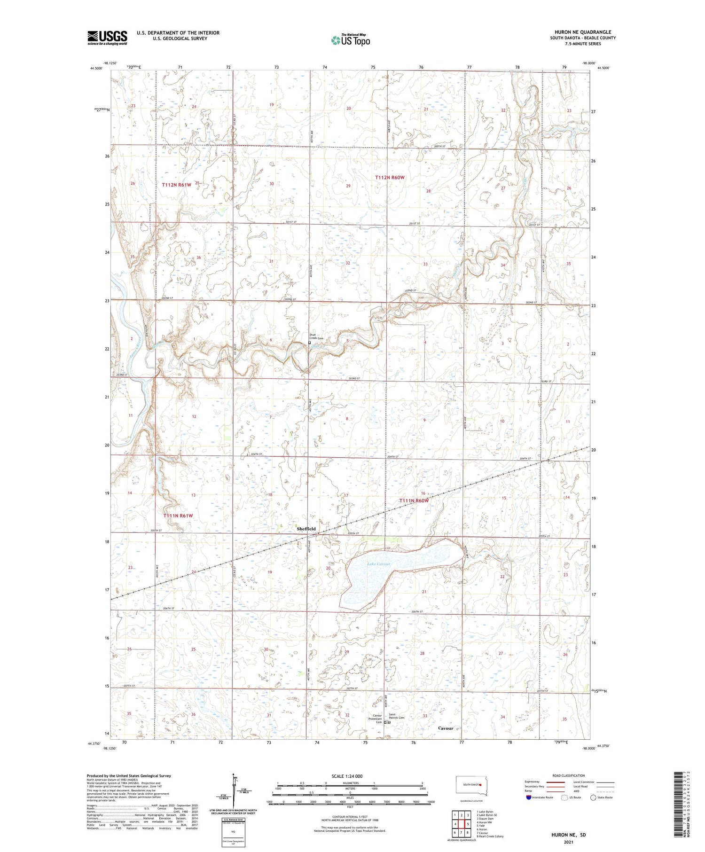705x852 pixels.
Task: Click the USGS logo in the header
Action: [x=107, y=38]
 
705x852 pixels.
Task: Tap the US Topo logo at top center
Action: [x=351, y=40]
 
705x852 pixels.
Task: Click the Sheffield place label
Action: [x=306, y=529]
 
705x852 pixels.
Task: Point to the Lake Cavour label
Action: [x=379, y=564]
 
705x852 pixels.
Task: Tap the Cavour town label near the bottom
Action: [x=446, y=728]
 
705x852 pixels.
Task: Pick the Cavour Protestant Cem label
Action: [x=375, y=719]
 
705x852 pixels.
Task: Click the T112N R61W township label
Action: [x=177, y=185]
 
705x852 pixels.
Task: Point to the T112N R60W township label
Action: [x=390, y=177]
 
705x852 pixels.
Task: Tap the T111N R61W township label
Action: [x=178, y=516]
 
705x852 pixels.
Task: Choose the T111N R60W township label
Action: [x=414, y=500]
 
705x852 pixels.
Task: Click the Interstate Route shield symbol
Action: [x=529, y=797]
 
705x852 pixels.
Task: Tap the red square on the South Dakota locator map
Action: [x=480, y=784]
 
